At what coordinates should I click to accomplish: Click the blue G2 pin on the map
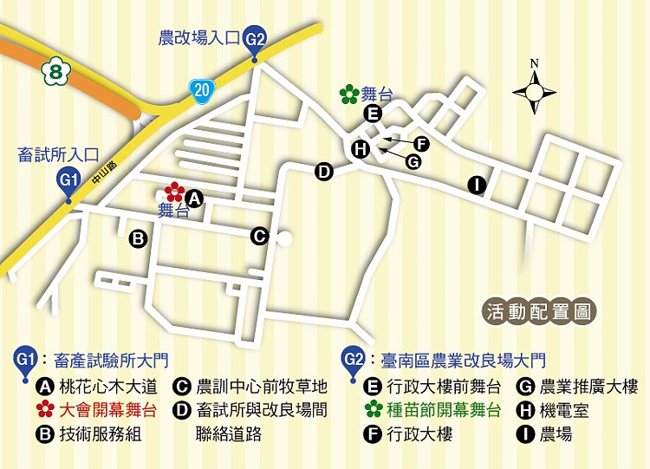pyautogui.click(x=256, y=39)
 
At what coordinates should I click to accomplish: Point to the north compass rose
pyautogui.click(x=535, y=89)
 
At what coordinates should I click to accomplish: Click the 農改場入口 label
pyautogui.click(x=198, y=38)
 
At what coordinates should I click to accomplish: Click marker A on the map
pyautogui.click(x=195, y=199)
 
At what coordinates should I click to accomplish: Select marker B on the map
pyautogui.click(x=137, y=238)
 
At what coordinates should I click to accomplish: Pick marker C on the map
pyautogui.click(x=258, y=235)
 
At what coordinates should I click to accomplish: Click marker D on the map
pyautogui.click(x=324, y=172)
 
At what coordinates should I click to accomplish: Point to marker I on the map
pyautogui.click(x=476, y=184)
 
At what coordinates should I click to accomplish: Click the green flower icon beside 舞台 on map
pyautogui.click(x=349, y=94)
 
